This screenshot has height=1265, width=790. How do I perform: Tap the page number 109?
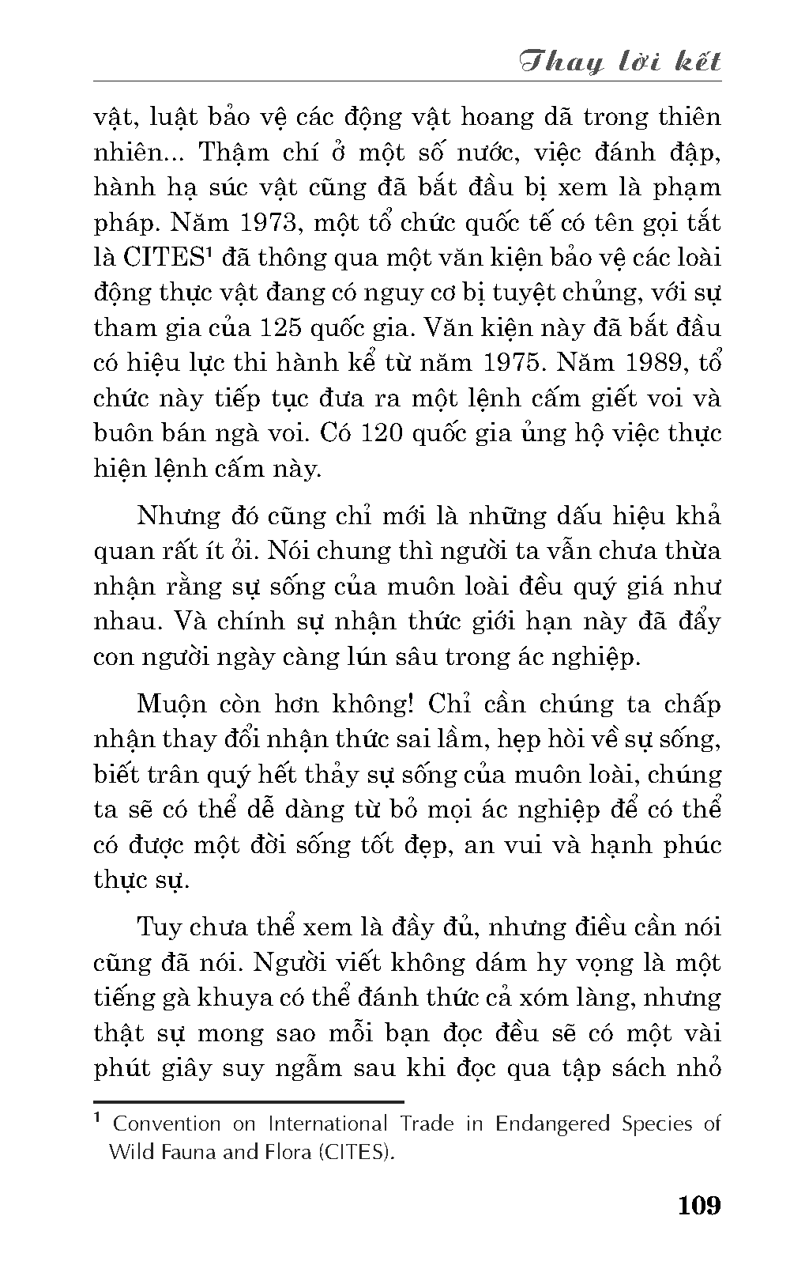[698, 1206]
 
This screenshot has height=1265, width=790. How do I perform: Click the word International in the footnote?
[328, 1124]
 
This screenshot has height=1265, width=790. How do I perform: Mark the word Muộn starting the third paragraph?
[171, 704]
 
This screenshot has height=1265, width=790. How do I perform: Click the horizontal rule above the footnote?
[249, 1101]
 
